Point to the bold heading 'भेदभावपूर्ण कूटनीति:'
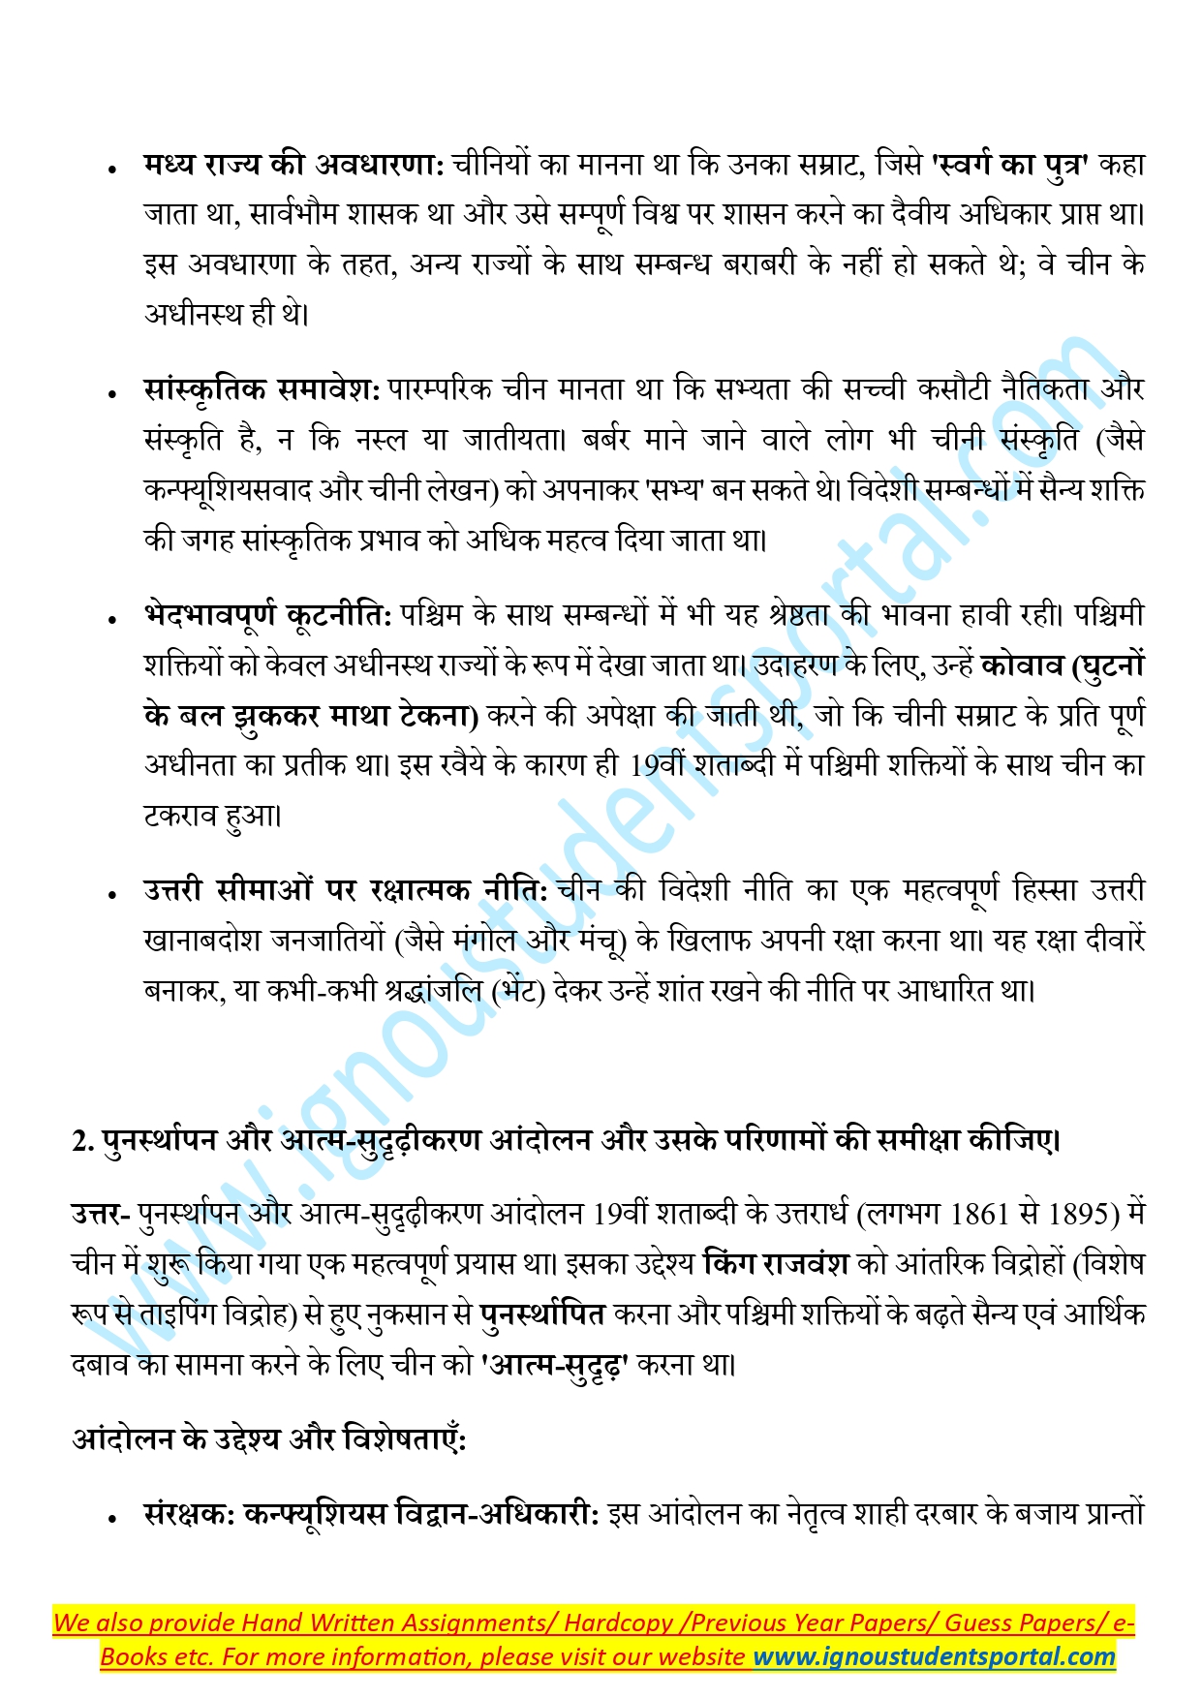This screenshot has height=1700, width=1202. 267,615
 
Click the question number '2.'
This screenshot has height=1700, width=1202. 82,1141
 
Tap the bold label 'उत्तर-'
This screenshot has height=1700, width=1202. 101,1215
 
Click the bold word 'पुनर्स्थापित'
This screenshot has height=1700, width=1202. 542,1314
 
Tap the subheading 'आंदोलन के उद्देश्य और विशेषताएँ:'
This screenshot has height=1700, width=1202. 269,1439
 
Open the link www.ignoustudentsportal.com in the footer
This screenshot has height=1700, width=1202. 934,1656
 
